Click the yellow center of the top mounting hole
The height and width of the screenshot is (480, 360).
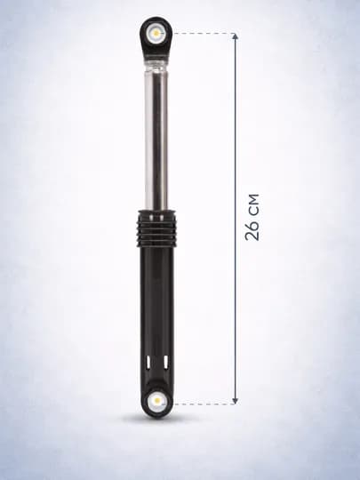156,33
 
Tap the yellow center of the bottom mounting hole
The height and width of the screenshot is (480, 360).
157,400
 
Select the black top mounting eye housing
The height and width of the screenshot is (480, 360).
156,36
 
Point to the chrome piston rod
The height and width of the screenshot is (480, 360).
156,140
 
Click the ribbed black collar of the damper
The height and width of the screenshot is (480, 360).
156,228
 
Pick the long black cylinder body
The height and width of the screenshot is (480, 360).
157,312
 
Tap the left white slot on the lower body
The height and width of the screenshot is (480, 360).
148,362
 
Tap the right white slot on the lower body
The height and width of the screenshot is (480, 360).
165,362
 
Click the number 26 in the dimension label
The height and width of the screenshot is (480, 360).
252,229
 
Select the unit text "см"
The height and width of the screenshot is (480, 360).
252,204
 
